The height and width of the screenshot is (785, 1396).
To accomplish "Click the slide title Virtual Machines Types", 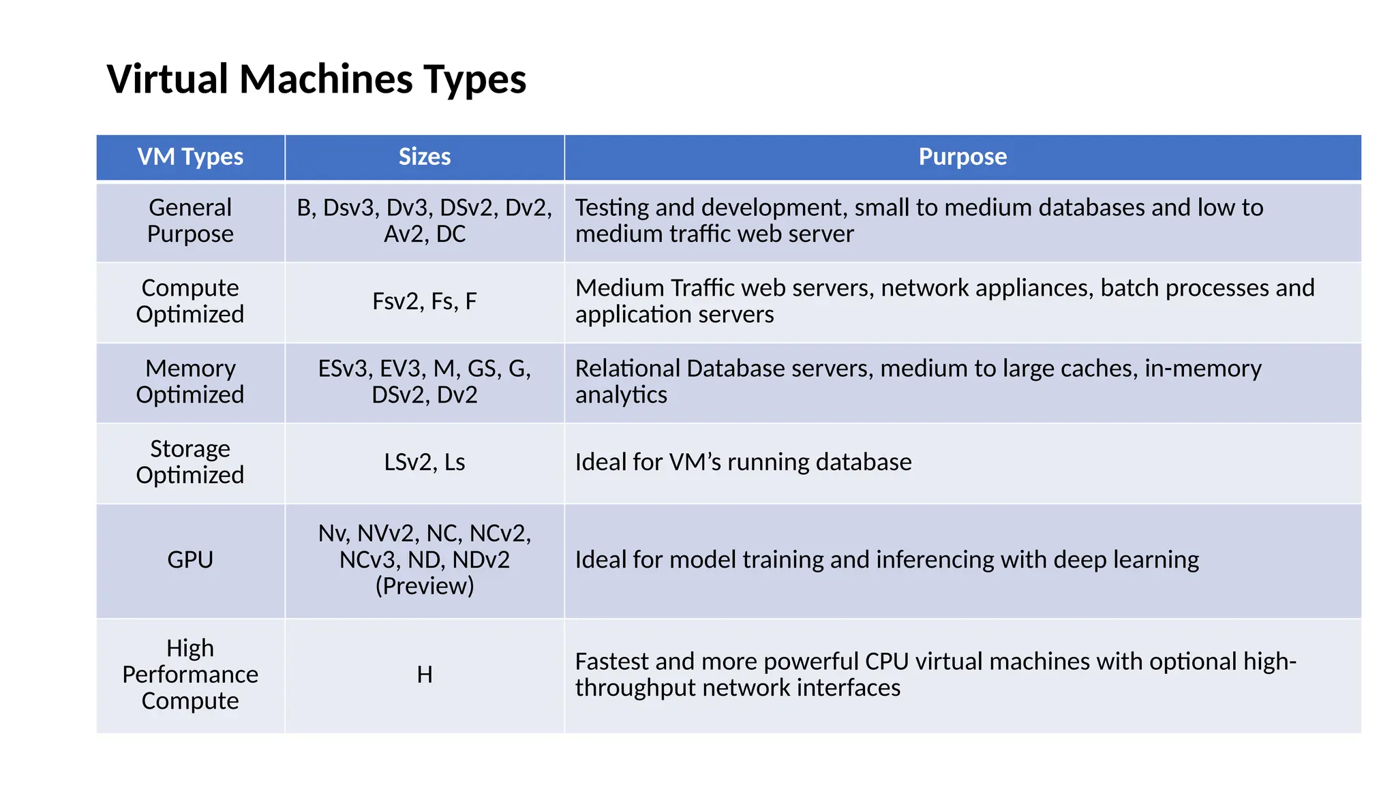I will (316, 79).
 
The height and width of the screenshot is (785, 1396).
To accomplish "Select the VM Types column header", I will (190, 157).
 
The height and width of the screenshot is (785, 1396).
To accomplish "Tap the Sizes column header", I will (424, 157).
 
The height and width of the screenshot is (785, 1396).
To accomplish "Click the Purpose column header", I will (962, 157).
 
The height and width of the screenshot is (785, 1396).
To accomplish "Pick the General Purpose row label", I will (190, 221).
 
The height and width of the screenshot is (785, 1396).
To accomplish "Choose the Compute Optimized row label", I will (190, 301).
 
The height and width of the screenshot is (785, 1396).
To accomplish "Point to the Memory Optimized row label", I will (190, 382).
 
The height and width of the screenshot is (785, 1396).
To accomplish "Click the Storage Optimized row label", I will (190, 462).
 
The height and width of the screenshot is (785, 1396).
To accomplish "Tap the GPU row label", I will (190, 559).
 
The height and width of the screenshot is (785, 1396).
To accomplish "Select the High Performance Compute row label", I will (190, 675).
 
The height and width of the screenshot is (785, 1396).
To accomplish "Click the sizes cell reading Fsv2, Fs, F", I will (424, 301).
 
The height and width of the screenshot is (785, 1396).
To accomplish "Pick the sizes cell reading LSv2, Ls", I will (424, 462).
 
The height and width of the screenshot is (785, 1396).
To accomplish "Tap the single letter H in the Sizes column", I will (424, 675).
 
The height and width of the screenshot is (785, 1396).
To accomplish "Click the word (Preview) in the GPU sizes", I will (424, 586).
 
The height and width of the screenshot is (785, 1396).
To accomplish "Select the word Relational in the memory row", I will (627, 369).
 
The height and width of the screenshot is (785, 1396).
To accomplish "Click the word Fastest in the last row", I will (612, 662).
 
